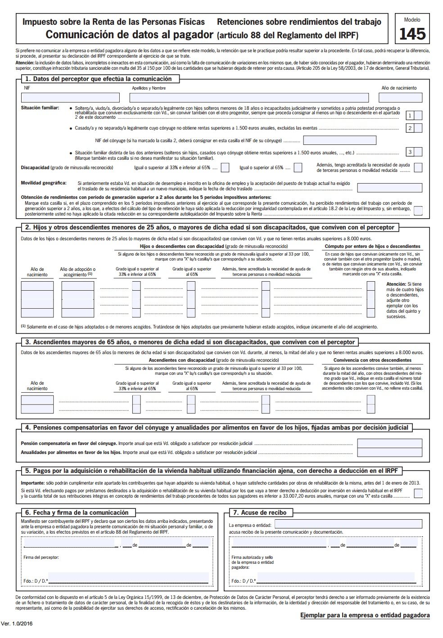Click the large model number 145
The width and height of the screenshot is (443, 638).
click(412, 34)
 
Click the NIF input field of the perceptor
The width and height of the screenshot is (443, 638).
click(70, 98)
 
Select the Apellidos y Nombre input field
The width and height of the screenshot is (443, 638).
click(249, 98)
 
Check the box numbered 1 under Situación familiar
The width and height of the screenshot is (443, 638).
click(418, 116)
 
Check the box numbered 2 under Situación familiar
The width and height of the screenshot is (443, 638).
click(418, 128)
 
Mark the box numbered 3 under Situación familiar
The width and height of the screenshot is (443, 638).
click(418, 152)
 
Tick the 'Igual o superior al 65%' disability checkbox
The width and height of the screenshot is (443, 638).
click(298, 168)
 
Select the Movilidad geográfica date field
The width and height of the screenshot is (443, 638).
click(389, 188)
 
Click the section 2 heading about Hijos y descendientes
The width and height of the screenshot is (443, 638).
click(209, 227)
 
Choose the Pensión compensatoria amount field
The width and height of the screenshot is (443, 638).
click(389, 444)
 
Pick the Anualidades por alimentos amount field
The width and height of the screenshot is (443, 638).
click(389, 453)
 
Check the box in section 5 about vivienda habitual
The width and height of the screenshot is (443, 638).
click(418, 493)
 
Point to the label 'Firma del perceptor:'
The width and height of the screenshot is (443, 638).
click(41, 557)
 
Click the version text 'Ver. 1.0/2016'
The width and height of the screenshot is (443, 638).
click(18, 624)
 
